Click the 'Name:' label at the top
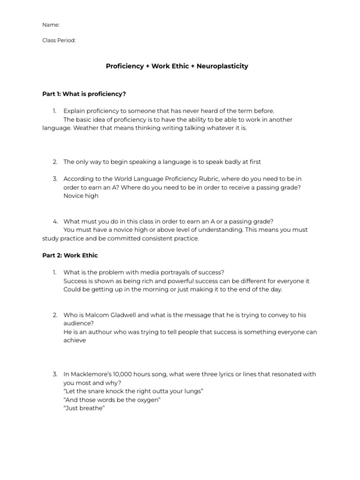point(51,25)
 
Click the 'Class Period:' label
point(59,40)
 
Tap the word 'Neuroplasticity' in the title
point(222,66)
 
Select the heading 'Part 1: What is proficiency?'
point(84,94)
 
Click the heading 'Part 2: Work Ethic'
point(70,255)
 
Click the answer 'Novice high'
point(81,196)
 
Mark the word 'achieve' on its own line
point(75,340)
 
